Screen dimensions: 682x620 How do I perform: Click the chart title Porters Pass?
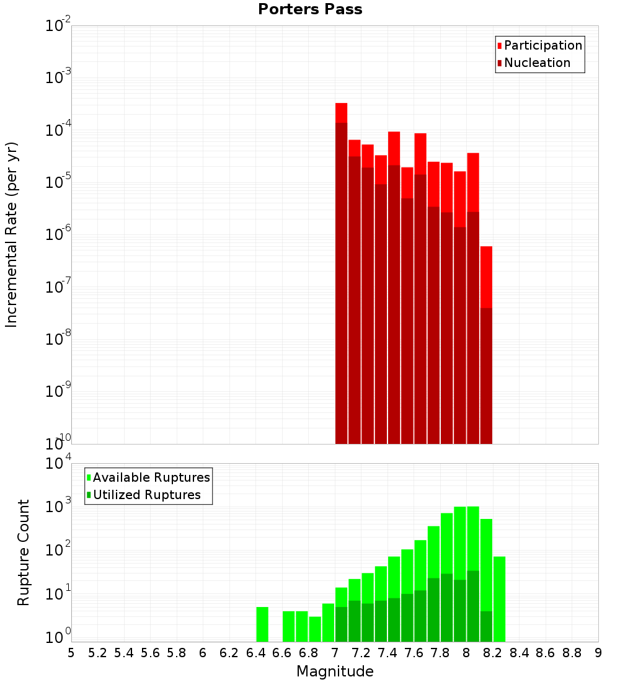click(x=310, y=9)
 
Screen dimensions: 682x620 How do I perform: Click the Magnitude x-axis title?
click(x=335, y=671)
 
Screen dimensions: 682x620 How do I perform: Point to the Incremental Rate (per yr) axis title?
click(x=12, y=234)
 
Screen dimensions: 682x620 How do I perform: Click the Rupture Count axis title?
click(x=24, y=552)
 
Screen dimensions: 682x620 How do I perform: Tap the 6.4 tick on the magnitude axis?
click(x=255, y=653)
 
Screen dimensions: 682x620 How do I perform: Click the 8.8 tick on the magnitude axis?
click(x=572, y=653)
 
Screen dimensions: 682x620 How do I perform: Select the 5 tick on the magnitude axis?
click(x=71, y=653)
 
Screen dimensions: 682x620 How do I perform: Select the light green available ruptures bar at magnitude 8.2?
click(x=500, y=599)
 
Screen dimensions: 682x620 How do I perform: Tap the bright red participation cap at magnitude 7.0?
click(x=341, y=113)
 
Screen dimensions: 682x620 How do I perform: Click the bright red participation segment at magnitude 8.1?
click(x=486, y=277)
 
